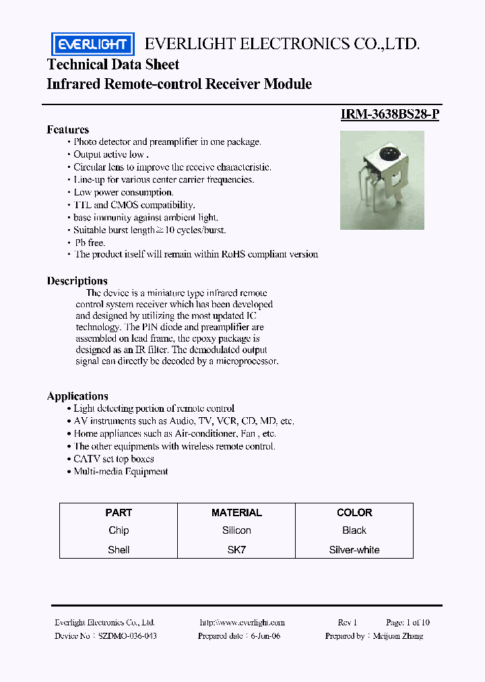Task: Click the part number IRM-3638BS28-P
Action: click(390, 114)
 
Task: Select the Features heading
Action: click(67, 129)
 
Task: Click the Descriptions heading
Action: click(77, 281)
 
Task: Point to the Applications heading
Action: click(77, 396)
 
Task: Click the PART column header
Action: click(119, 513)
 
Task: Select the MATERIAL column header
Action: click(236, 513)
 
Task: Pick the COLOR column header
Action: click(354, 513)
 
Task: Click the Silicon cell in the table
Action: click(236, 531)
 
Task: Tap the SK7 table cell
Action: click(236, 550)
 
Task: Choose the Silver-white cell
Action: click(354, 550)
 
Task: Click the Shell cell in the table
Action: click(119, 550)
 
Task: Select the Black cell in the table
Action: click(354, 531)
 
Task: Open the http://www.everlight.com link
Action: click(243, 623)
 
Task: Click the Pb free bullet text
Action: click(90, 242)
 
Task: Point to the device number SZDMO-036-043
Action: click(128, 636)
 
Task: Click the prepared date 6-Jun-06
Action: click(265, 636)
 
